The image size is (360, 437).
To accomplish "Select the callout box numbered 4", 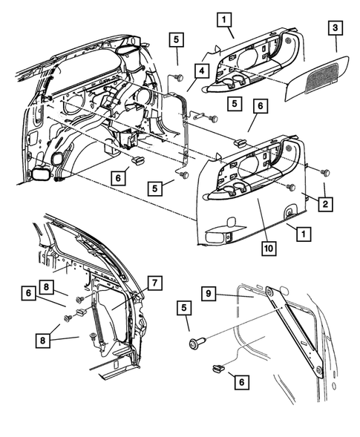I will click(x=200, y=71).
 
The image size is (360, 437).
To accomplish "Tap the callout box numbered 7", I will click(x=153, y=283).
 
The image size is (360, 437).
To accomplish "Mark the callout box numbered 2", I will click(x=324, y=201).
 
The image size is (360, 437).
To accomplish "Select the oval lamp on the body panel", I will click(x=39, y=175).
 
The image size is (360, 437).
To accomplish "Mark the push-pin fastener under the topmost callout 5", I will click(x=178, y=76).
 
